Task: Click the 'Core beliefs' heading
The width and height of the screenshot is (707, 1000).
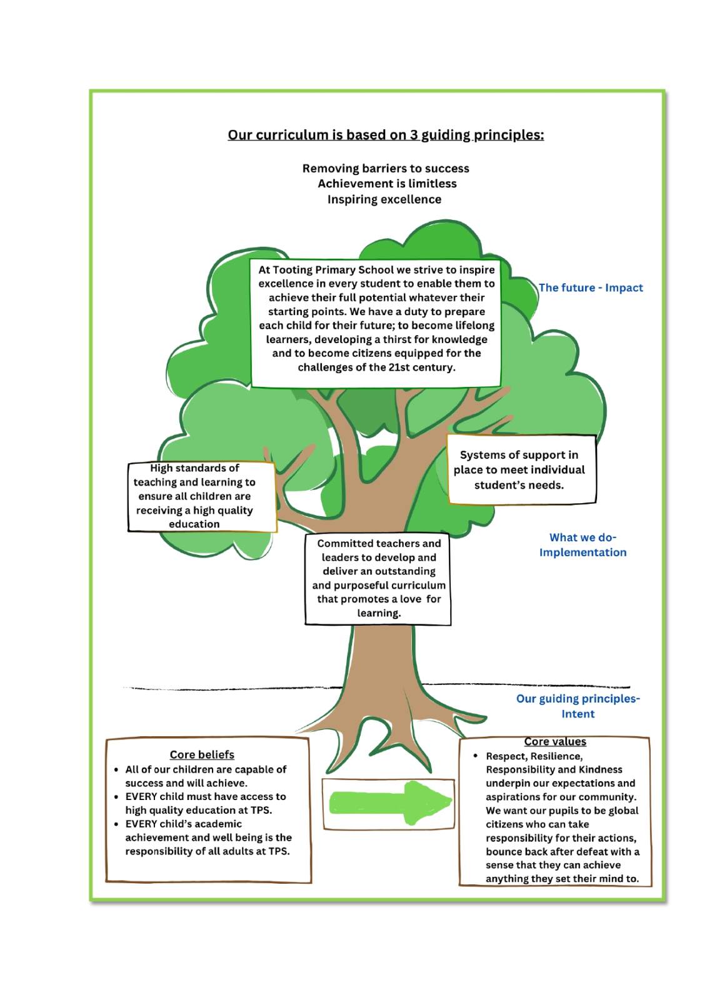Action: coord(202,754)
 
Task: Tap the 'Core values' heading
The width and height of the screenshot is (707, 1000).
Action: coord(555,741)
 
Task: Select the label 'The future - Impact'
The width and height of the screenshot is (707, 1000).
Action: coord(591,287)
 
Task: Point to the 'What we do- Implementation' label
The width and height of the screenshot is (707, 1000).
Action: coord(583,544)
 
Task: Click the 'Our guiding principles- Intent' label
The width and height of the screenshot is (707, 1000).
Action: coord(578,706)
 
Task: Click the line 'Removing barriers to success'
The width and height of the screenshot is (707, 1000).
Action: coord(386,168)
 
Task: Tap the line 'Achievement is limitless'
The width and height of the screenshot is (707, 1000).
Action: coord(387,184)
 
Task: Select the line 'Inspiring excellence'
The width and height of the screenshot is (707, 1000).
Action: coord(384,199)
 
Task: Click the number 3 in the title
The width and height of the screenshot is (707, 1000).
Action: coord(414,135)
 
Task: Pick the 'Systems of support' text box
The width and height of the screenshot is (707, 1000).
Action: coord(521,469)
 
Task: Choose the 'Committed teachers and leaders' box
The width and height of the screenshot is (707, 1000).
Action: coord(378,578)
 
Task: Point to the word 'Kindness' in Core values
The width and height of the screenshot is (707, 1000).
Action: coord(600,769)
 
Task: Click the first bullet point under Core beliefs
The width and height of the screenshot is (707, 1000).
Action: coord(117,769)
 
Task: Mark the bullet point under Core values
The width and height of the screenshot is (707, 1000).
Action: coord(476,756)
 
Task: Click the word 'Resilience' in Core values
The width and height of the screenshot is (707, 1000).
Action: coord(556,756)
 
